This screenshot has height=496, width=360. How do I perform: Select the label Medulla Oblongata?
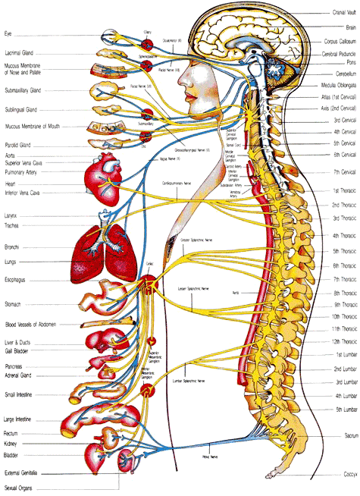click(x=334, y=86)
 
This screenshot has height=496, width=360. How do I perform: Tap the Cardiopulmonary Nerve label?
click(x=200, y=183)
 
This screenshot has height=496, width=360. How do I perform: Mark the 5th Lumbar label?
click(x=343, y=409)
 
